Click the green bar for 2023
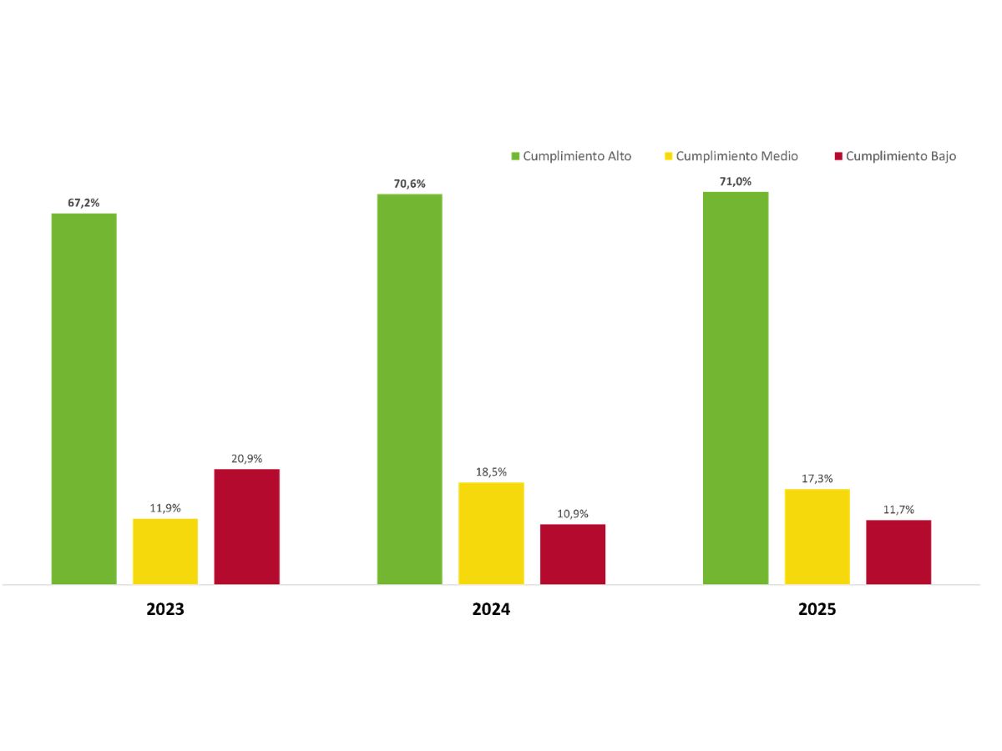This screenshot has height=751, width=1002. click(x=83, y=398)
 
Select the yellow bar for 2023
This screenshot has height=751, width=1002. click(x=165, y=551)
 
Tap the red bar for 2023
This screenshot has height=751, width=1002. click(x=247, y=526)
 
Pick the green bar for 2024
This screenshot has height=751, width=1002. click(x=409, y=389)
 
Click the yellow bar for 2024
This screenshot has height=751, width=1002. click(x=491, y=532)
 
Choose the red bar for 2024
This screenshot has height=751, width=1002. click(x=573, y=553)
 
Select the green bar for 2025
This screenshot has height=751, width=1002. click(x=736, y=387)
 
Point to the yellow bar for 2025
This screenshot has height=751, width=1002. click(x=817, y=536)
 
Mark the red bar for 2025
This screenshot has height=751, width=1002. click(x=898, y=552)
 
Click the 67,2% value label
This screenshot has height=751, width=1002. click(x=83, y=203)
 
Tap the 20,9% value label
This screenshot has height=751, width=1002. click(x=247, y=458)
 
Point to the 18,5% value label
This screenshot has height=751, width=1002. click(x=491, y=471)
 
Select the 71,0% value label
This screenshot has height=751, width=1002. click(x=736, y=181)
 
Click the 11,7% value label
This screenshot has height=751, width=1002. click(x=898, y=509)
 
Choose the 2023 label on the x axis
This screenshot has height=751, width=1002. click(x=165, y=609)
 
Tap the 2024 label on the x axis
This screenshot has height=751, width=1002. click(x=491, y=609)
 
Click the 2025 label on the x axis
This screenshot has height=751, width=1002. click(x=817, y=609)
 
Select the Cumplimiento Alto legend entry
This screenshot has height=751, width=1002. click(x=572, y=156)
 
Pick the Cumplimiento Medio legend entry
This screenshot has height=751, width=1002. click(x=731, y=156)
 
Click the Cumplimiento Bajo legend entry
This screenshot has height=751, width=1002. click(x=895, y=156)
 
